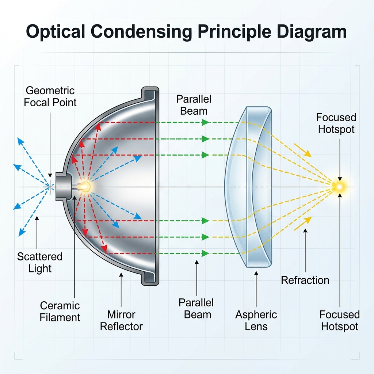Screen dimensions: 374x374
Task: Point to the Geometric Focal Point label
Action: [50, 96]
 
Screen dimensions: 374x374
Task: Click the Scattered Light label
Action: [40, 262]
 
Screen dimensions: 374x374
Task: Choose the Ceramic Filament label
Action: [60, 311]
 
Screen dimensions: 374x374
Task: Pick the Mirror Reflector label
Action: [121, 320]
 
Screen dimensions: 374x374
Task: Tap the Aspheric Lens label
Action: [256, 320]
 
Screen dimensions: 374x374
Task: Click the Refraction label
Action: [305, 280]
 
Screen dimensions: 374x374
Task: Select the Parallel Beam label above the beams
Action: [194, 105]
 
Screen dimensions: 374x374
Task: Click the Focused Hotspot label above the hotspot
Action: [336, 123]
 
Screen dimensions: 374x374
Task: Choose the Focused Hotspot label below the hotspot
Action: [340, 320]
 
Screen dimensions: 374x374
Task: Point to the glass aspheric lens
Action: [248, 186]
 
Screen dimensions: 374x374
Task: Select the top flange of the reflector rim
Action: [150, 94]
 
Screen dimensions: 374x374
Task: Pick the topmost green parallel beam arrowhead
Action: [206, 122]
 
